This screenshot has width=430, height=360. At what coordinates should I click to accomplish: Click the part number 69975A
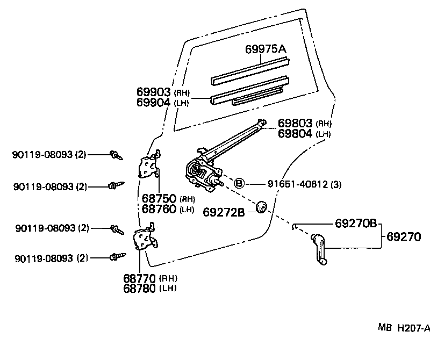[266, 49]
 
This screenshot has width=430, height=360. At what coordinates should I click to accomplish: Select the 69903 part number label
[153, 92]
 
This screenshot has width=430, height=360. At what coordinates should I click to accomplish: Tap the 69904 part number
[153, 102]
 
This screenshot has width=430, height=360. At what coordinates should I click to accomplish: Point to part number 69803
[295, 123]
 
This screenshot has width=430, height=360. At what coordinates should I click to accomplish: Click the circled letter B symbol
[240, 183]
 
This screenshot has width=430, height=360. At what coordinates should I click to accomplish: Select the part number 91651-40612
[298, 184]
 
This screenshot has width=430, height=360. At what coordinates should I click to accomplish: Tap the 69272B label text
[224, 212]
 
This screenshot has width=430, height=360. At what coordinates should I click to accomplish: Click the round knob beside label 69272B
[262, 206]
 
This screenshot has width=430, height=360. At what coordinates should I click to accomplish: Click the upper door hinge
[149, 167]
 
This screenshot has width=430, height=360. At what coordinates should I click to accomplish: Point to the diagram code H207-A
[413, 327]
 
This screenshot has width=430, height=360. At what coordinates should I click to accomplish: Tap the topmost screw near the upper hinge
[116, 155]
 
